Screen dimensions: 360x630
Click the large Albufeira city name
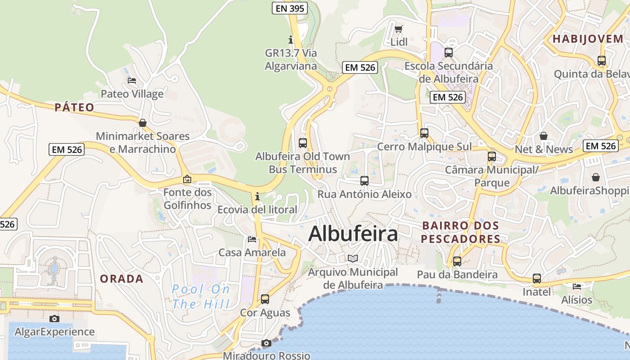point(353,234)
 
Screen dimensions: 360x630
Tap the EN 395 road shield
point(290,8)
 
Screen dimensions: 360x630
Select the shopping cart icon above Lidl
point(398,29)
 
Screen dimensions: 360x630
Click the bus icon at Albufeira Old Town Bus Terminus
point(303,143)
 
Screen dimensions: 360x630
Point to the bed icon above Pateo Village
point(132,81)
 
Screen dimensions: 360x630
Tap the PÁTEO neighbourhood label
point(74,107)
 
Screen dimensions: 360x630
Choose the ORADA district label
point(121,279)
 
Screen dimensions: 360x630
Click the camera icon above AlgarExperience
point(54,319)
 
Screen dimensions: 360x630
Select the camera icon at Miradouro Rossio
point(266,343)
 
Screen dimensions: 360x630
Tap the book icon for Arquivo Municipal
point(353,258)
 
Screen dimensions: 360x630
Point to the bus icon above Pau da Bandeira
point(457,261)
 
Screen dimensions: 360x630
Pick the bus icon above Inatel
point(537,279)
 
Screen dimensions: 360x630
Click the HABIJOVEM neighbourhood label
point(588,39)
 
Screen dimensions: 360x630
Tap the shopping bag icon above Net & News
point(544,136)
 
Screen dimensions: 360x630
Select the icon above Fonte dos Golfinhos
point(187,179)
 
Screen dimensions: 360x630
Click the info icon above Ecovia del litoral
point(257,196)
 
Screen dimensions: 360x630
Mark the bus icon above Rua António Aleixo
point(364,181)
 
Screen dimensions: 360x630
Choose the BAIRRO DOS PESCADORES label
point(460,232)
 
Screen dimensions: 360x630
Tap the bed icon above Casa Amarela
point(252,239)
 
